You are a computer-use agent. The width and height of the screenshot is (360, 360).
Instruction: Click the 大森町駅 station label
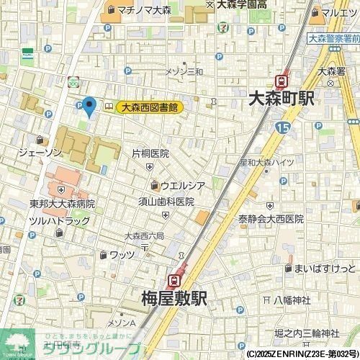tap(280, 99)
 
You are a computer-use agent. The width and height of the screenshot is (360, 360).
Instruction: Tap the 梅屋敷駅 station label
tap(173, 298)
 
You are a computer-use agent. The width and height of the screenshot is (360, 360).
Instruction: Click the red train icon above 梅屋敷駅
tap(174, 279)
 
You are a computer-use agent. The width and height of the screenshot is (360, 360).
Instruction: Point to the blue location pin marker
tap(89, 107)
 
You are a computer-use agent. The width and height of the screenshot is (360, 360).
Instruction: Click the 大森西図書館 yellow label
tap(149, 107)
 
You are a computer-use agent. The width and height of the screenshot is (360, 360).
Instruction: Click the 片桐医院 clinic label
tap(150, 153)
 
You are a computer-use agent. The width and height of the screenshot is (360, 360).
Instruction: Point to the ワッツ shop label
tap(122, 254)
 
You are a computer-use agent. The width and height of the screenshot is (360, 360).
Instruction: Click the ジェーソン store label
tap(40, 153)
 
